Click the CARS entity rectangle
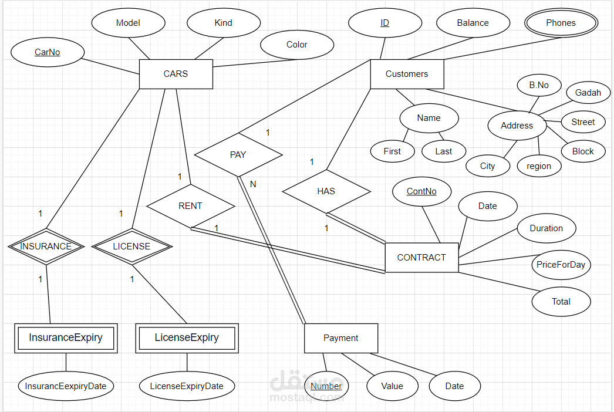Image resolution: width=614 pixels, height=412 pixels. [176, 74]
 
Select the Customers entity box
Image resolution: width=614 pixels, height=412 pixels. [407, 74]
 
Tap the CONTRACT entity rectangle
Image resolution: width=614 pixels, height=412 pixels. [421, 258]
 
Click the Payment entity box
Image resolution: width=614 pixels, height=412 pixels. [340, 338]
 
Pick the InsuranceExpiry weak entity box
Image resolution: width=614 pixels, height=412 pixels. [66, 338]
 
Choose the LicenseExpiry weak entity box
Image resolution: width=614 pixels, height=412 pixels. [187, 338]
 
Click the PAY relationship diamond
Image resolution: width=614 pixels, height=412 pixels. [238, 155]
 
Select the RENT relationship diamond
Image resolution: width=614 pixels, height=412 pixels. [190, 206]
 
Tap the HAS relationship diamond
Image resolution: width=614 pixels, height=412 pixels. [326, 191]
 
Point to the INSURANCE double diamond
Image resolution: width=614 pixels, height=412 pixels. [46, 246]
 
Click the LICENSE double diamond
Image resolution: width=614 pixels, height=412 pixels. [131, 246]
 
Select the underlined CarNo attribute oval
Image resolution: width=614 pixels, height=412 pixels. [47, 52]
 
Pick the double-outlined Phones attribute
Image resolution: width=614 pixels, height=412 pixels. [561, 23]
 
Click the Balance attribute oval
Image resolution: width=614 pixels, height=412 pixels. [473, 23]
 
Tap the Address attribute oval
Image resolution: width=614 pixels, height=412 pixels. [517, 126]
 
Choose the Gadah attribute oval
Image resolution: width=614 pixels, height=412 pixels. [588, 93]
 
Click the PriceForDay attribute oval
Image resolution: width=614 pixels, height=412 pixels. [561, 265]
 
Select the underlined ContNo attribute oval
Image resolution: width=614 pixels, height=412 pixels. [421, 191]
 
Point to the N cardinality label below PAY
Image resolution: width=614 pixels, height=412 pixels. [253, 184]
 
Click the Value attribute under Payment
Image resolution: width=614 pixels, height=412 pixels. [392, 386]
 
